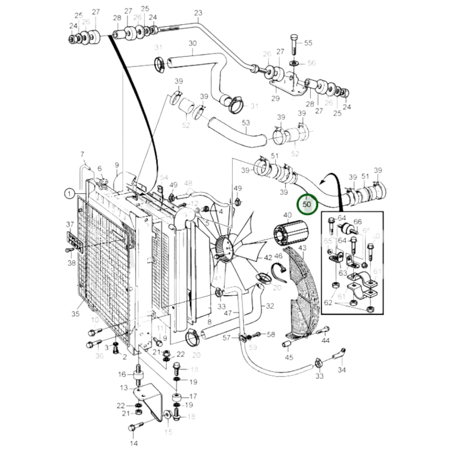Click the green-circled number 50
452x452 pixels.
[307, 204]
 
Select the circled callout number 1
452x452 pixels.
[69, 194]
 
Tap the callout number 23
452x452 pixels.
[198, 13]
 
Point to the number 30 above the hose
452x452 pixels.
[192, 43]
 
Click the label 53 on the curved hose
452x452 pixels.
[246, 123]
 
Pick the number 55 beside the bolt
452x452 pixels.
[308, 43]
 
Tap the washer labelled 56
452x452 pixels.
[294, 63]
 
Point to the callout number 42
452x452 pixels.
[268, 258]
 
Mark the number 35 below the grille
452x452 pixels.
[75, 313]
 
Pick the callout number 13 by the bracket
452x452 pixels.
[124, 388]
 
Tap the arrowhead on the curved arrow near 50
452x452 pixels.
[321, 182]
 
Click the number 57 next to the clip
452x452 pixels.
[226, 338]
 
